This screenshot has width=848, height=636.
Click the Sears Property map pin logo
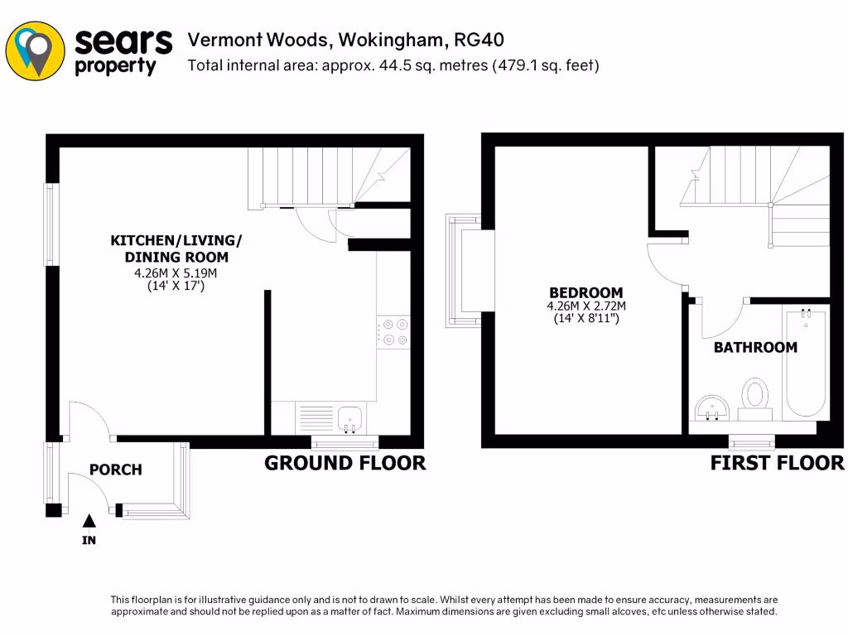(35, 50)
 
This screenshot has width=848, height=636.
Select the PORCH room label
(116, 470)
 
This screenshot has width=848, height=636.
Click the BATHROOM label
(755, 348)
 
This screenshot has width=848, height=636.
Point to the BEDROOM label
(586, 292)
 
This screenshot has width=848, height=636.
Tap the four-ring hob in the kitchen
(393, 331)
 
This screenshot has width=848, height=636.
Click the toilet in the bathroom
(754, 398)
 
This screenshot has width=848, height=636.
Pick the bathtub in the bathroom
(806, 361)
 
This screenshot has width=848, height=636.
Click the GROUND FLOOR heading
(344, 463)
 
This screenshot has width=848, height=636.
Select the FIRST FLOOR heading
(777, 463)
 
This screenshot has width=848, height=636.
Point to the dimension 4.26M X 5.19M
(176, 273)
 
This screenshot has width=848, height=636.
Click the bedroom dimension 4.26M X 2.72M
(586, 306)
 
